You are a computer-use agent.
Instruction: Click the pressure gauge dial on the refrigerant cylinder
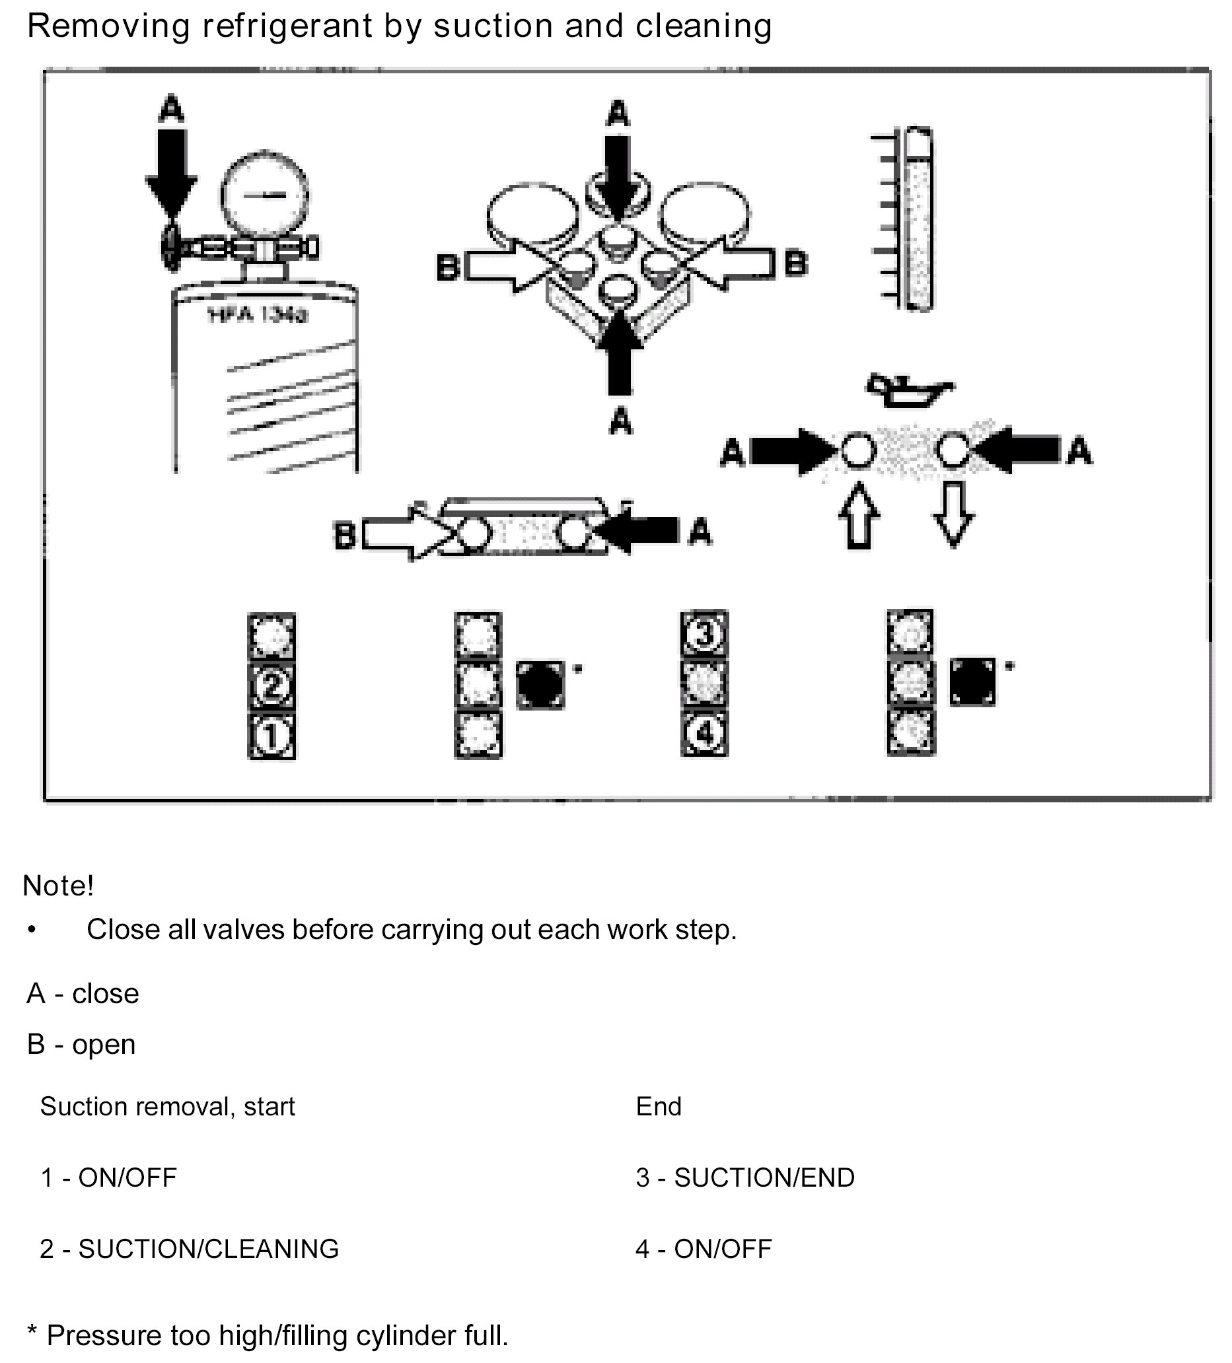[x=264, y=195]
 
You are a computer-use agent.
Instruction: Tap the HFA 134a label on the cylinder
[x=257, y=314]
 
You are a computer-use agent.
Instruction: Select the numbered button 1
[x=271, y=736]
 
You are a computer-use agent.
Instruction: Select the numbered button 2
[x=271, y=686]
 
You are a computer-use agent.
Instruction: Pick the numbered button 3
[x=704, y=634]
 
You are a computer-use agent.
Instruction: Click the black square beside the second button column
[x=540, y=685]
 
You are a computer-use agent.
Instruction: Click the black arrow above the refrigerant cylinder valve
[x=171, y=169]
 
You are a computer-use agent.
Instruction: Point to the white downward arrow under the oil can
[x=953, y=514]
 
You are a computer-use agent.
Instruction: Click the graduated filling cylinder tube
[x=918, y=220]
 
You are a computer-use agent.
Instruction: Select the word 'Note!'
[x=58, y=886]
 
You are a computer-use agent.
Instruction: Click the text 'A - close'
[x=83, y=994]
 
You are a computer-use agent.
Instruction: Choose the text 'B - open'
[x=81, y=1045]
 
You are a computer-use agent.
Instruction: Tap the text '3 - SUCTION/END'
[x=744, y=1177]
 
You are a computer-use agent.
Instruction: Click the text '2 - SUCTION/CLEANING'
[x=190, y=1249]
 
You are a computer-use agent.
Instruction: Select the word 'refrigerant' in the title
[x=287, y=27]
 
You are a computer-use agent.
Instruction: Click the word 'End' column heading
[x=658, y=1107]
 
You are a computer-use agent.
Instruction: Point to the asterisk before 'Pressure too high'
[x=31, y=1333]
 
